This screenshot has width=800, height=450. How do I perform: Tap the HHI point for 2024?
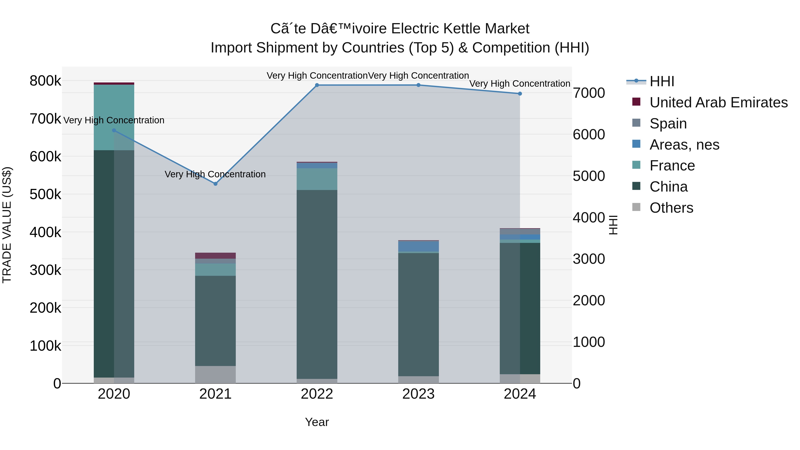(520, 94)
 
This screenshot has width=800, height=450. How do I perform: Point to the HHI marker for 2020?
(114, 130)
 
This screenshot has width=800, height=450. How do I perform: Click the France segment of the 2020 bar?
(114, 117)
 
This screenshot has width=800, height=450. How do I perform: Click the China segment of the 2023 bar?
(418, 314)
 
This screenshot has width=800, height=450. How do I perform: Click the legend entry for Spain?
(668, 124)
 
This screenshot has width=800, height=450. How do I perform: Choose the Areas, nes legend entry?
(684, 145)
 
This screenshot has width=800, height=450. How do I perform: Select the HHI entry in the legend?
(662, 81)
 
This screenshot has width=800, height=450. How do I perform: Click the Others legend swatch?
(636, 207)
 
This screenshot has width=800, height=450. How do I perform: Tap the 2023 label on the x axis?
(418, 394)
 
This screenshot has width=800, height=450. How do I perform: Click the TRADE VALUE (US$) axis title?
(7, 225)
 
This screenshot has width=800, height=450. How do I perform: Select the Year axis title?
(317, 422)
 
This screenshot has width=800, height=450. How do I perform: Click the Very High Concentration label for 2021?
(215, 174)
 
